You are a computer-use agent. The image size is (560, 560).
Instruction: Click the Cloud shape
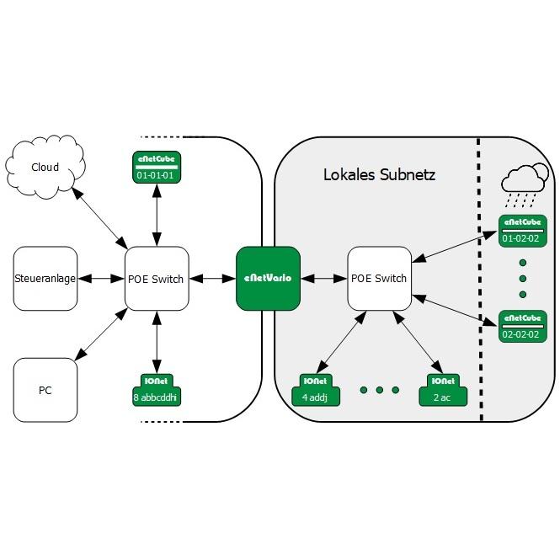click(45, 167)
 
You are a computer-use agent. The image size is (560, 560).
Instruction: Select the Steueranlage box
click(45, 278)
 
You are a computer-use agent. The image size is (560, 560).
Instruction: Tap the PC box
click(45, 390)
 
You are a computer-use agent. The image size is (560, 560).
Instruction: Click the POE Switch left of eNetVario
click(157, 278)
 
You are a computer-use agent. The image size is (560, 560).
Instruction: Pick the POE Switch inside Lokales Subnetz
click(380, 278)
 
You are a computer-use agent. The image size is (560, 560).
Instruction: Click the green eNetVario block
click(268, 278)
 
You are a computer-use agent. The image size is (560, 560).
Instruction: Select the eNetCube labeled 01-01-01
click(157, 168)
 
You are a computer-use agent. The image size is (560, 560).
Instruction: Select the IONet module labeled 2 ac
click(440, 389)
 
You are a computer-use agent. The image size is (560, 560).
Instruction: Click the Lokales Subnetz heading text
click(379, 175)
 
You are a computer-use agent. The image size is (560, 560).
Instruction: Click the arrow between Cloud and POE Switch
click(100, 218)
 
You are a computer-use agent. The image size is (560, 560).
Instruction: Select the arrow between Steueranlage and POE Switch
click(101, 278)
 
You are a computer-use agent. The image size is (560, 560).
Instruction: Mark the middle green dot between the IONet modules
click(380, 390)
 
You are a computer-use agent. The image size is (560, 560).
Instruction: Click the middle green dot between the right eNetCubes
click(523, 278)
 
